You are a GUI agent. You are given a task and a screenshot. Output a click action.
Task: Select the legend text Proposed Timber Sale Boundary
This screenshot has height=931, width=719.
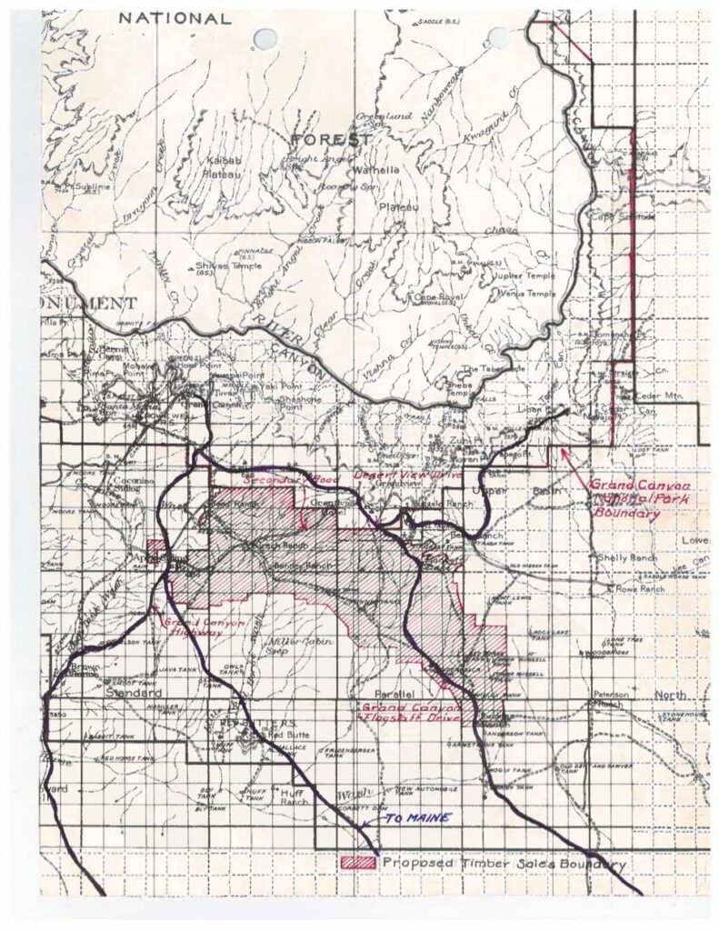[x=503, y=863]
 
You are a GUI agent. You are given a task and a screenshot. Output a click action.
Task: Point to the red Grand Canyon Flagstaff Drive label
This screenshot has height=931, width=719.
[x=412, y=712]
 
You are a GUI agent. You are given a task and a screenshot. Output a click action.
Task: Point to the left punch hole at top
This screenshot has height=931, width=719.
[x=265, y=37]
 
